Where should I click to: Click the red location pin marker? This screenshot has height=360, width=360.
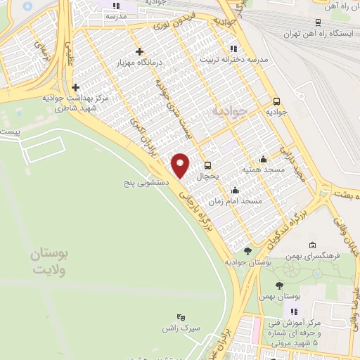pos(181,165)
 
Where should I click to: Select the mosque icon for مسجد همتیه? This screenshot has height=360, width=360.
pos(263,159)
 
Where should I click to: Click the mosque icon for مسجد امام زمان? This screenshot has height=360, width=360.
pos(235,190)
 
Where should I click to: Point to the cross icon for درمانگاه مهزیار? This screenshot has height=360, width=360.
pos(140,51)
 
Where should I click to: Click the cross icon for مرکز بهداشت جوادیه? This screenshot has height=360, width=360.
pos(75,87)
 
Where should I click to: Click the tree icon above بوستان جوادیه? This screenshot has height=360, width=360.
pos(247,251)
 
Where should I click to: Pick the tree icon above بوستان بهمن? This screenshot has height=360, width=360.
pos(279,285)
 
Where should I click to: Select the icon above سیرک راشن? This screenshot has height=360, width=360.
pos(181,317)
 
